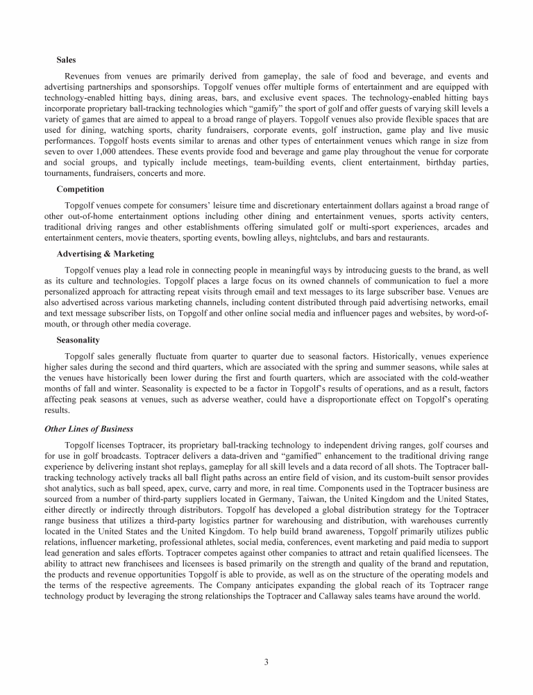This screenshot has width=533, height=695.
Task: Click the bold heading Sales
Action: click(x=67, y=60)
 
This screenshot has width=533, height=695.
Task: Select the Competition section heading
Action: click(x=80, y=189)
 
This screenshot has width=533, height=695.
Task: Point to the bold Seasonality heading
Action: click(x=78, y=340)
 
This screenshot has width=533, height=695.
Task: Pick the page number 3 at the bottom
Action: click(x=266, y=661)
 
